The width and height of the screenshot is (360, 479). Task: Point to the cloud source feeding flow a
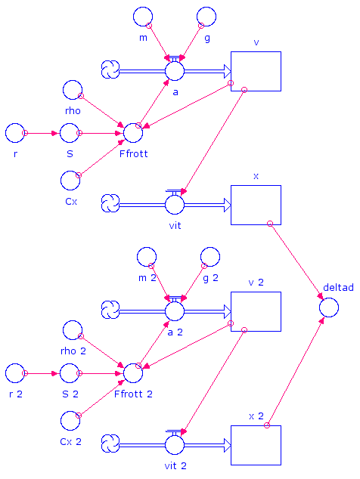coord(110,70)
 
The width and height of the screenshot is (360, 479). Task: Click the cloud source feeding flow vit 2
coord(110,443)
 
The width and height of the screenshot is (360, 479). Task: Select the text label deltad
coord(338,287)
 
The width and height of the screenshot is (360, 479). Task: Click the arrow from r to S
coord(42,133)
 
